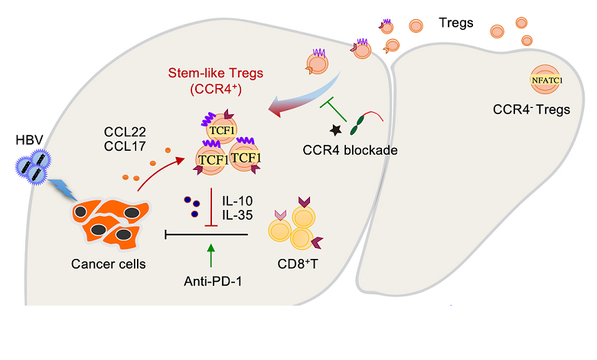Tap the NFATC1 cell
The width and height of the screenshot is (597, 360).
(544, 78)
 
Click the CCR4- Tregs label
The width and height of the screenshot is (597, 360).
(532, 110)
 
